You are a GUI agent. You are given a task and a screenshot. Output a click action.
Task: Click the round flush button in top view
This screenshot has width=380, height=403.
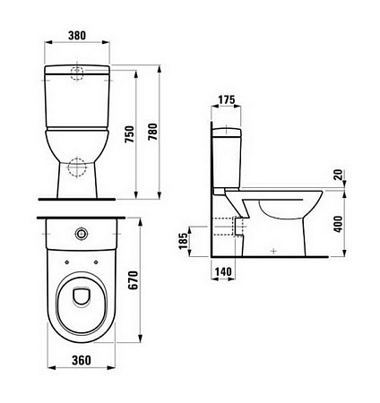(82, 234)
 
